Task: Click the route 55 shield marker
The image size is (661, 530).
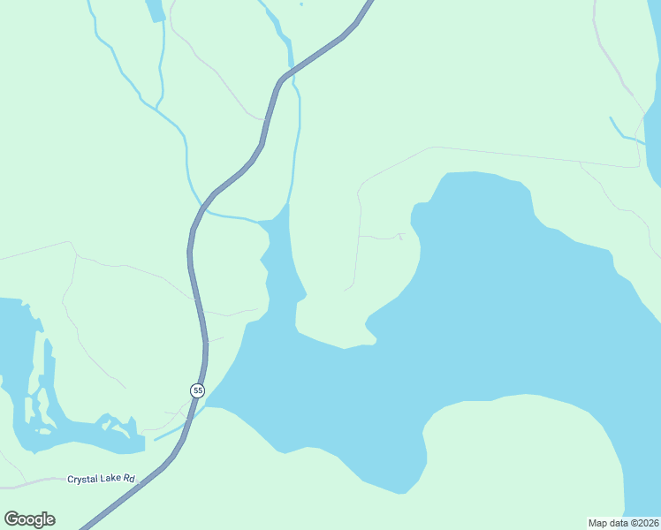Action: tap(196, 390)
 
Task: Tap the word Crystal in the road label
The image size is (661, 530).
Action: tap(85, 479)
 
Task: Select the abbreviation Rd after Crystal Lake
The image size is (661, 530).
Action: tap(129, 479)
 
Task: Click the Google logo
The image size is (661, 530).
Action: tap(29, 519)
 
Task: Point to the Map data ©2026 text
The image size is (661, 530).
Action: tap(624, 522)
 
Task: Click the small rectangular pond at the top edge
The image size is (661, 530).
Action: tap(155, 10)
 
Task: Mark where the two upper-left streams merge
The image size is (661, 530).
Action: tap(157, 108)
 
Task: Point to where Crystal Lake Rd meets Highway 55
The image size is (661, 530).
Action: tap(141, 481)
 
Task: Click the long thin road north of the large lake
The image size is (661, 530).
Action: tap(530, 155)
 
